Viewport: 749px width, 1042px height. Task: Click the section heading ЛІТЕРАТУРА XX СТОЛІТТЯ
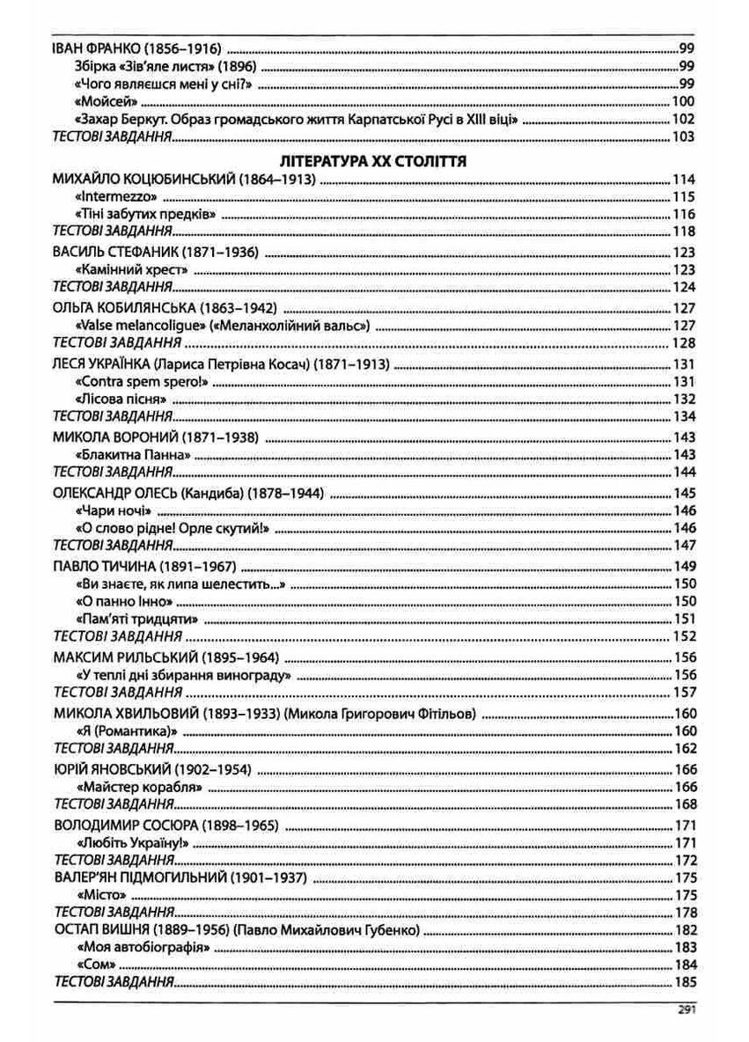click(x=371, y=162)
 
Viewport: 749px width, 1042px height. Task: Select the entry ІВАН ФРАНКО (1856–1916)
click(x=136, y=49)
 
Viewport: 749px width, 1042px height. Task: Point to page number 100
click(x=683, y=102)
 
